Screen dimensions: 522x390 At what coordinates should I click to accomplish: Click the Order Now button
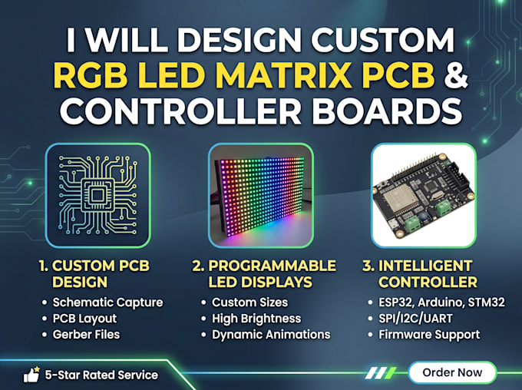tap(452, 372)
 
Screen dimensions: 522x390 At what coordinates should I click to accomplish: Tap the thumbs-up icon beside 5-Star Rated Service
tap(31, 375)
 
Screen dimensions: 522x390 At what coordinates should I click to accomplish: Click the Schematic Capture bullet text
tap(107, 302)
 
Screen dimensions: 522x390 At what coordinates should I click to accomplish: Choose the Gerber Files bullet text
tap(86, 335)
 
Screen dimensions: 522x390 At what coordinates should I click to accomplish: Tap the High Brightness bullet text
tap(256, 319)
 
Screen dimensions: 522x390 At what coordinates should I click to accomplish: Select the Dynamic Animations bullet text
tap(271, 335)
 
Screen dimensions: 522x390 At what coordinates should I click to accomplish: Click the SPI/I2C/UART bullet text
tap(415, 319)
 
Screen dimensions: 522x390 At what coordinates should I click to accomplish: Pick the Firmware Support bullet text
tap(429, 335)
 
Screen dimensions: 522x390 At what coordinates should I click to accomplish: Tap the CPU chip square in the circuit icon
tap(98, 195)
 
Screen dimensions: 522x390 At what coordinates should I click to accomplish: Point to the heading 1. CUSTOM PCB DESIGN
tap(94, 274)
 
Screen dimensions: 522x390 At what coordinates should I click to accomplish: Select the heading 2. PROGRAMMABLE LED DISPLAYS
tap(264, 274)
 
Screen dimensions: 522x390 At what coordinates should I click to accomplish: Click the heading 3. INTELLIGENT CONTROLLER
tap(420, 274)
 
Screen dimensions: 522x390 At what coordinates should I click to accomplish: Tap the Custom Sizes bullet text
tap(249, 302)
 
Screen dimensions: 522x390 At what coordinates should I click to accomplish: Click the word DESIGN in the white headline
tap(239, 40)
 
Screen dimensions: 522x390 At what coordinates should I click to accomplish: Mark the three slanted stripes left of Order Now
tap(381, 373)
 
